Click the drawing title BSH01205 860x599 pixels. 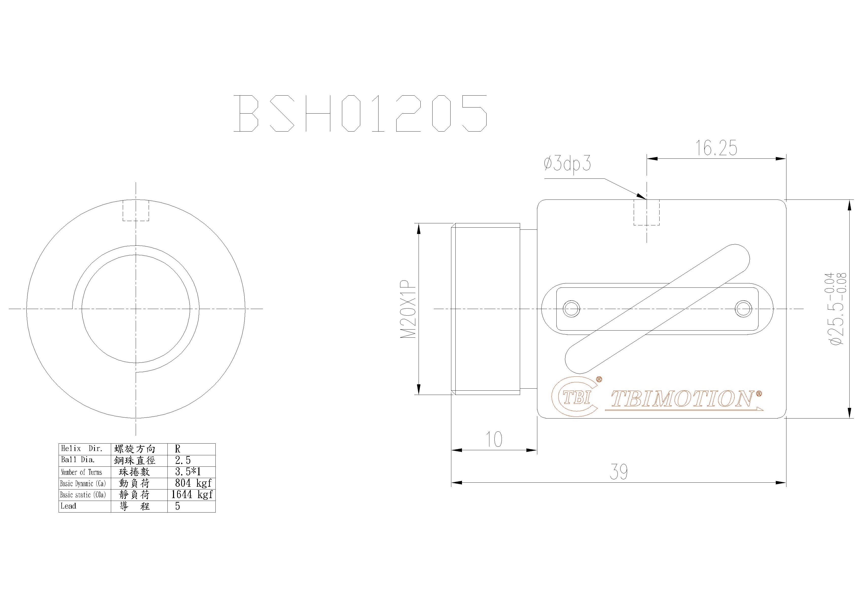point(360,113)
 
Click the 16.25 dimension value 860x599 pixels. point(716,148)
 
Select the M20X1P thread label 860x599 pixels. point(408,309)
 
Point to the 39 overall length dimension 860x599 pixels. point(618,472)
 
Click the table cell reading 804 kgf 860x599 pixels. point(193,483)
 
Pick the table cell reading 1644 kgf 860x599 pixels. point(192,495)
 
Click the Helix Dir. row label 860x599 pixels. point(82,448)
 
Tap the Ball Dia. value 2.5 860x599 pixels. point(183,460)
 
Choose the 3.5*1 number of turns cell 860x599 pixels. point(188,472)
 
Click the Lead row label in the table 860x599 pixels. point(68,506)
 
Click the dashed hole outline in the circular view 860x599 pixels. point(136,211)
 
